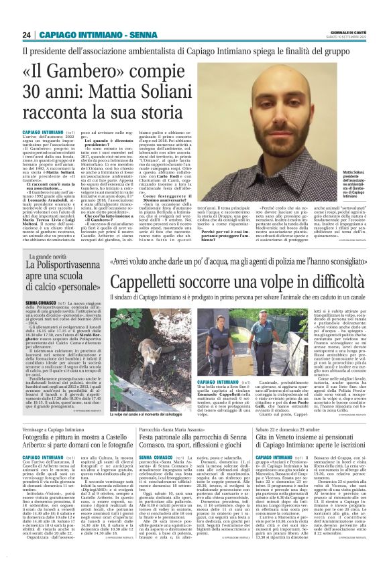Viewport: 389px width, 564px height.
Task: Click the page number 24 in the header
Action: pyautogui.click(x=27, y=35)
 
